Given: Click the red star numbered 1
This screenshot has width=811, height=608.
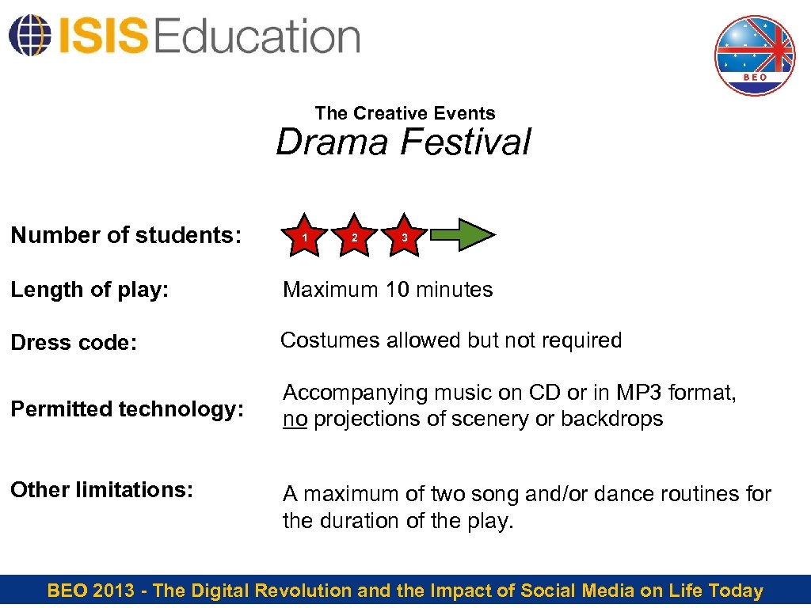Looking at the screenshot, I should (306, 236).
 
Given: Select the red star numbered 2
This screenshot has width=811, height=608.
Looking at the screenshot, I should (354, 236).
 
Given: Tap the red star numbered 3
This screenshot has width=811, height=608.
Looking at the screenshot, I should (404, 236).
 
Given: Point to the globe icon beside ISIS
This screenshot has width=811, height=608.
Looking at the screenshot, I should (29, 36).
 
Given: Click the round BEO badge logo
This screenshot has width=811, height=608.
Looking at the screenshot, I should (755, 55).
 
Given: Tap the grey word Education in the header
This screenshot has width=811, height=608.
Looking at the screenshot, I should (257, 36).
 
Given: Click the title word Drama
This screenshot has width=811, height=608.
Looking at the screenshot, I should (333, 142).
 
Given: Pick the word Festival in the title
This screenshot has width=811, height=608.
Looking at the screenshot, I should (465, 142).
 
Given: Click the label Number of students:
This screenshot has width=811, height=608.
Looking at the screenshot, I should (126, 235).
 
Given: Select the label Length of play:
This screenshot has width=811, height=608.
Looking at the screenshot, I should (89, 290).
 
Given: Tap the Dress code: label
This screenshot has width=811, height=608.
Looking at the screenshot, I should (74, 343).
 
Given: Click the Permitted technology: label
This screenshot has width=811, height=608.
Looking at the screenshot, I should (126, 409).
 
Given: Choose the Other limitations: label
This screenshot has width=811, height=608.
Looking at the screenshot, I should (101, 490).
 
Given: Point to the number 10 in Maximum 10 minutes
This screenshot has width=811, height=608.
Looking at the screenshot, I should (398, 290).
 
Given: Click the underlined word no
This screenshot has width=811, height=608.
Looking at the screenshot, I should (295, 419).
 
